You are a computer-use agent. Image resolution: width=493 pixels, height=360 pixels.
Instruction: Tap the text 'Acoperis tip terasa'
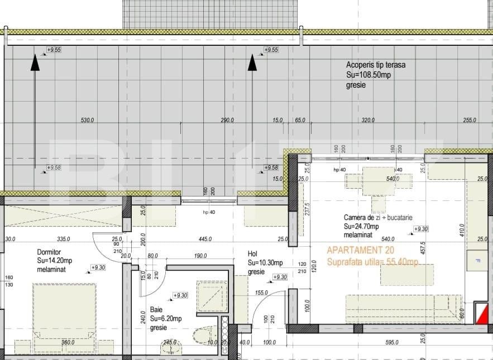coord(376,65)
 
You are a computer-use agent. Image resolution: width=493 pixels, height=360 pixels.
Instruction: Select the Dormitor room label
coord(49,252)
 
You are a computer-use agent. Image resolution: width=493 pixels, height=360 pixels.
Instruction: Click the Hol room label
coord(252,254)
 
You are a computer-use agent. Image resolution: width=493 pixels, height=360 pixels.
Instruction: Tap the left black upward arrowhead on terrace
coord(35,63)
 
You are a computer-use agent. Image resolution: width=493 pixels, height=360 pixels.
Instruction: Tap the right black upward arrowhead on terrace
coord(252,63)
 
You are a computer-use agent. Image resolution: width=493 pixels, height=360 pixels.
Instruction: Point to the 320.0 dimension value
coord(367,120)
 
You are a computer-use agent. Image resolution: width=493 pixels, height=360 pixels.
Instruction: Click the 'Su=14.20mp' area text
coord(54,261)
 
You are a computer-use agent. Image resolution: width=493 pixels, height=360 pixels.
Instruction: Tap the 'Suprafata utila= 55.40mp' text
coord(372,262)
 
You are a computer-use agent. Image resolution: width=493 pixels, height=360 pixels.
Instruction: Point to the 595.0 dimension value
coord(391,343)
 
